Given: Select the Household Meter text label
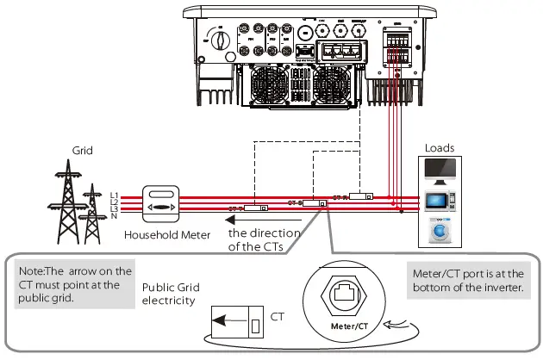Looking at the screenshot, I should point(164,234).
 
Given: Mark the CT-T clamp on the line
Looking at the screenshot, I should point(256,208).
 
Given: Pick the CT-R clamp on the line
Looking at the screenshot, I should point(359,196).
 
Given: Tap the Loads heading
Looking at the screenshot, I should point(440,147).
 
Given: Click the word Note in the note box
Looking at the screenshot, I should point(33,273).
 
